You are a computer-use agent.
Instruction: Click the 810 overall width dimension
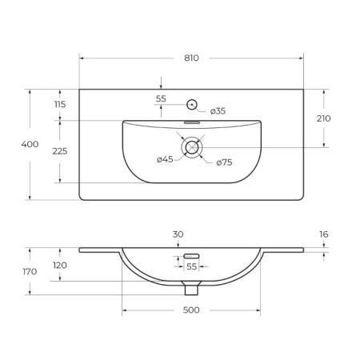click(191, 58)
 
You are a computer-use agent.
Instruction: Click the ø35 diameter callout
click(218, 111)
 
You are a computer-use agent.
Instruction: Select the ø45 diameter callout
click(165, 159)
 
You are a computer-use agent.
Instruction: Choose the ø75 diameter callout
click(225, 163)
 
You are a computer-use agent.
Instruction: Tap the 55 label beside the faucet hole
click(161, 98)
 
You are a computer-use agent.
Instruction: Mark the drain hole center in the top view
click(192, 147)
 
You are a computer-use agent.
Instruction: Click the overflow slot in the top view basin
click(192, 124)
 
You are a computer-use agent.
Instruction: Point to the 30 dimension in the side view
click(178, 234)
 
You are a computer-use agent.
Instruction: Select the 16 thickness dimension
click(323, 234)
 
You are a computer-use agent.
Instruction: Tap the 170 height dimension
click(31, 272)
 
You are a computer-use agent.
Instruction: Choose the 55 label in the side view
click(191, 266)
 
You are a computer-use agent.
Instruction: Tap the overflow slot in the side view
click(191, 256)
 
